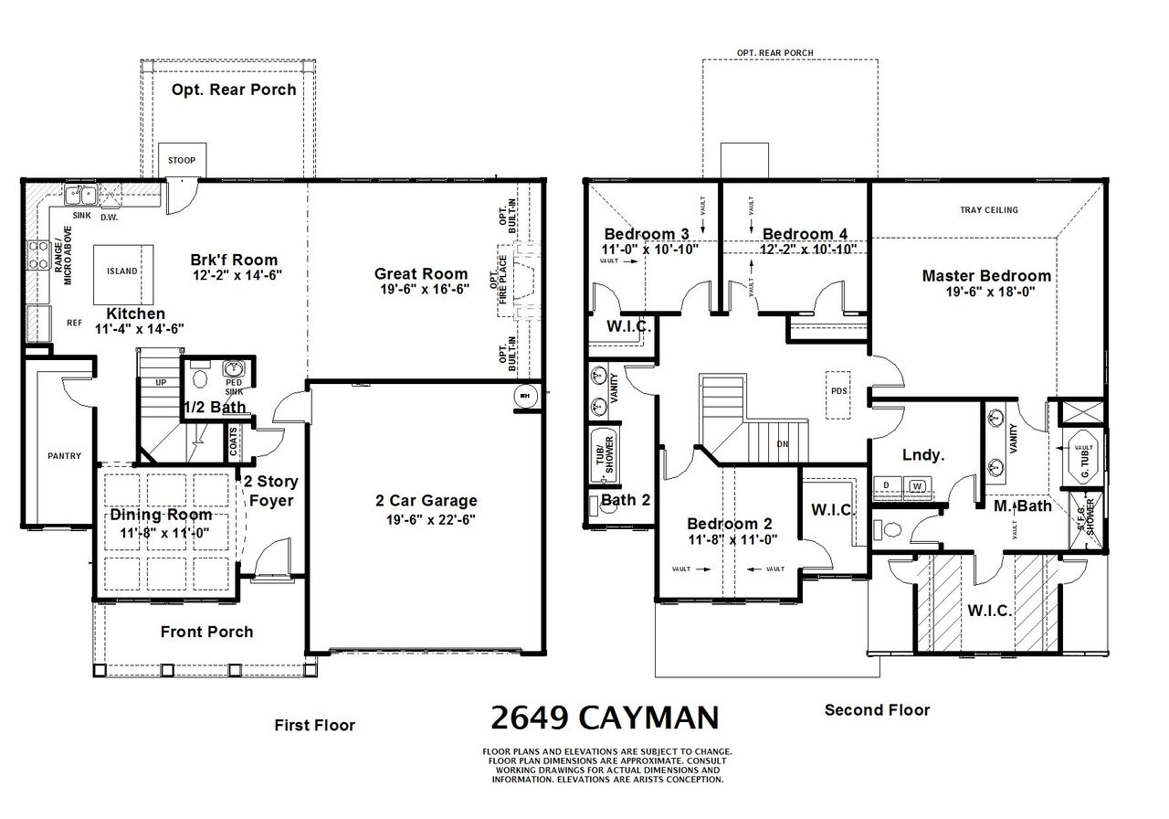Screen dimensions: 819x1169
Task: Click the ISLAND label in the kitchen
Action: [x=122, y=271]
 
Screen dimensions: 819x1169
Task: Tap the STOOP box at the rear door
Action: [x=181, y=161]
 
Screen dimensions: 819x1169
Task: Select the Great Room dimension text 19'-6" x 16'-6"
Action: [x=420, y=290]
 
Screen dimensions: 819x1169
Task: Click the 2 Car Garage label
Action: [x=426, y=501]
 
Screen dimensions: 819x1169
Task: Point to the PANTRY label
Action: [x=65, y=456]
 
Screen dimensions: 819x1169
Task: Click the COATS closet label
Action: [x=235, y=442]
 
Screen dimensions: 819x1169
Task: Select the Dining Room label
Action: [x=161, y=515]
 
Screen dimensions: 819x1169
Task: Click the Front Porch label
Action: [x=206, y=632]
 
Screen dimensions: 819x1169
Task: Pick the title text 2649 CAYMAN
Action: [x=605, y=717]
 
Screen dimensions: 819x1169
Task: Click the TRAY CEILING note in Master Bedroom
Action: [x=988, y=210]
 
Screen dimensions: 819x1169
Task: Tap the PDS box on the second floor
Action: [x=838, y=390]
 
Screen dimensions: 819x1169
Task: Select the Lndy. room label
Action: [x=923, y=454]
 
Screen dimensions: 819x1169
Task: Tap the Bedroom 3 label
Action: [x=647, y=233]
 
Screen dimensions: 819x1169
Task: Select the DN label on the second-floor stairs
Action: [x=782, y=444]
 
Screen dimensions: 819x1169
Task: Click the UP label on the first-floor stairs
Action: [x=162, y=383]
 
